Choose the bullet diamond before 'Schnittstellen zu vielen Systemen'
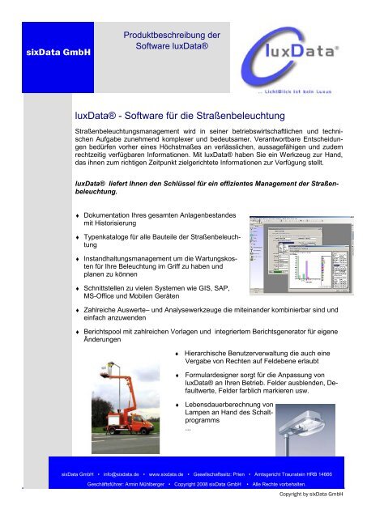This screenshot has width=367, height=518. (76, 288)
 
